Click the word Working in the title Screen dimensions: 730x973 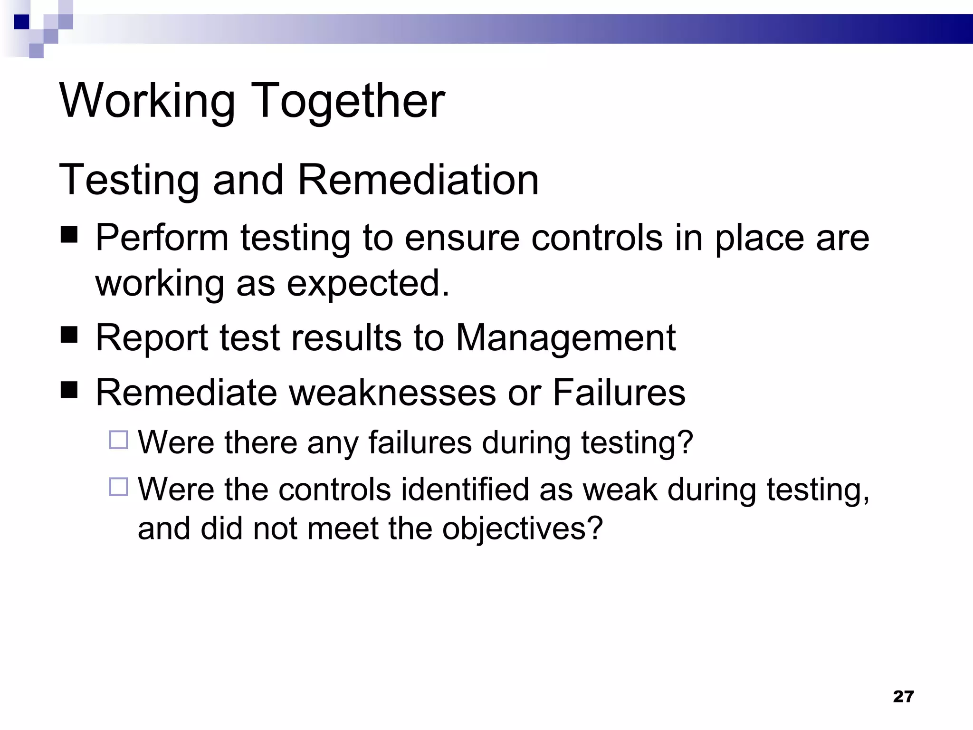pyautogui.click(x=147, y=101)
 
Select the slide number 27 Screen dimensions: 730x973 pyautogui.click(x=903, y=696)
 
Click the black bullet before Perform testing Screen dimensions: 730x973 pyautogui.click(x=69, y=234)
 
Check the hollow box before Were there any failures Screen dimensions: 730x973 pyautogui.click(x=118, y=440)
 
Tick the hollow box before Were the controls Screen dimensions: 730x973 pyautogui.click(x=118, y=487)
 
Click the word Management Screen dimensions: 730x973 pyautogui.click(x=566, y=337)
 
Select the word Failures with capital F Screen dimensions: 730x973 pyautogui.click(x=619, y=393)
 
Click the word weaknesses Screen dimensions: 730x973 pyautogui.click(x=392, y=393)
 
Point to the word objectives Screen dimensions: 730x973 pyautogui.click(x=522, y=528)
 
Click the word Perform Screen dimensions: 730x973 pyautogui.click(x=162, y=237)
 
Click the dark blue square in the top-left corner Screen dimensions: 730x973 pyautogui.click(x=21, y=22)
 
